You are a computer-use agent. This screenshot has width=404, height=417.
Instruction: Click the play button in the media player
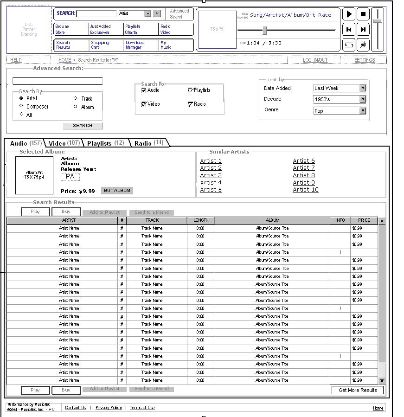point(349,14)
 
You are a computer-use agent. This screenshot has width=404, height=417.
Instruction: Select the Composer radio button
point(21,106)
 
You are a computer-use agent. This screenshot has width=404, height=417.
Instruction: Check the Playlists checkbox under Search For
point(190,90)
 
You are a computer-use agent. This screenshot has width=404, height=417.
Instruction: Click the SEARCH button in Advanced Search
point(83,126)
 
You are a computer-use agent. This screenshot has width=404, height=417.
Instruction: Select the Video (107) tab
point(64,143)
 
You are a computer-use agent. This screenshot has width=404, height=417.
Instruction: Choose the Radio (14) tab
point(148,143)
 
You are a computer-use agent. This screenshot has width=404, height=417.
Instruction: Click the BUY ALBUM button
point(117,191)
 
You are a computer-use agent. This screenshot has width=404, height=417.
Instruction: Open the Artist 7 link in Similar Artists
point(304,168)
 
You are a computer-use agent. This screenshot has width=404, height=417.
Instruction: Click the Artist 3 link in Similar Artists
point(211,175)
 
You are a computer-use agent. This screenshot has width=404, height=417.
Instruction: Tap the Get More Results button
point(358,390)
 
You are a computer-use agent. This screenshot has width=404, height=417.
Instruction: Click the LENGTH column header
point(201,220)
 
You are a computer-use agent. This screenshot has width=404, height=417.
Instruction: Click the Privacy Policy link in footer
point(109,408)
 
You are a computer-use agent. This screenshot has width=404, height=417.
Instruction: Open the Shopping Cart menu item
point(100,45)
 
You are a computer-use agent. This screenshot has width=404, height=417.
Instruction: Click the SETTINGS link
point(365,60)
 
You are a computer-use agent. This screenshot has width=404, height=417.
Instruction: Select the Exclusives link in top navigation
point(100,32)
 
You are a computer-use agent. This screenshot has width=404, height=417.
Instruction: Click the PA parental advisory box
point(70,177)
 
